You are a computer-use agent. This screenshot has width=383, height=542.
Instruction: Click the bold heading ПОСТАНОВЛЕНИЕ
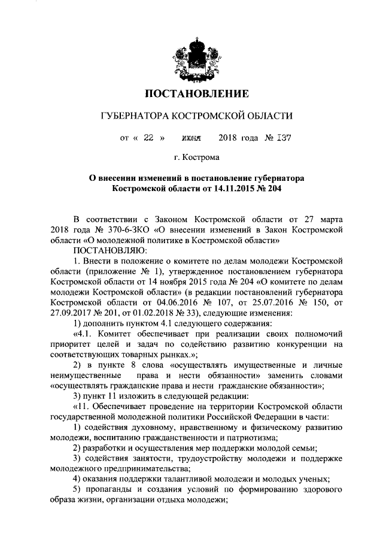tap(197, 94)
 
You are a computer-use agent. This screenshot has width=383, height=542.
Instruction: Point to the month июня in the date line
tap(191, 137)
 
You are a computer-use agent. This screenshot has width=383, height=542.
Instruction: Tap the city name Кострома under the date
tap(203, 158)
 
